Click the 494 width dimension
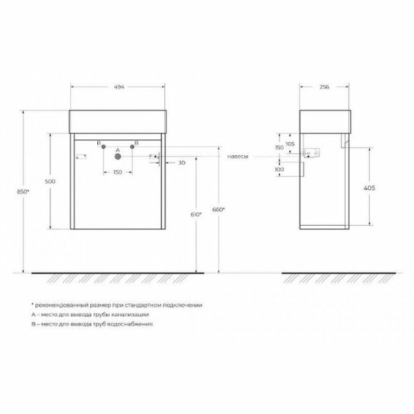119,88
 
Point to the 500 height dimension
50,181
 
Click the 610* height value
196,215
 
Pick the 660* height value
219,208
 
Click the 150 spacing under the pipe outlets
117,172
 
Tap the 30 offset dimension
181,162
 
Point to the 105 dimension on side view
289,143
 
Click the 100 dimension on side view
279,170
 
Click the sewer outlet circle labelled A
117,156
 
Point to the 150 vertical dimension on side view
279,147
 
